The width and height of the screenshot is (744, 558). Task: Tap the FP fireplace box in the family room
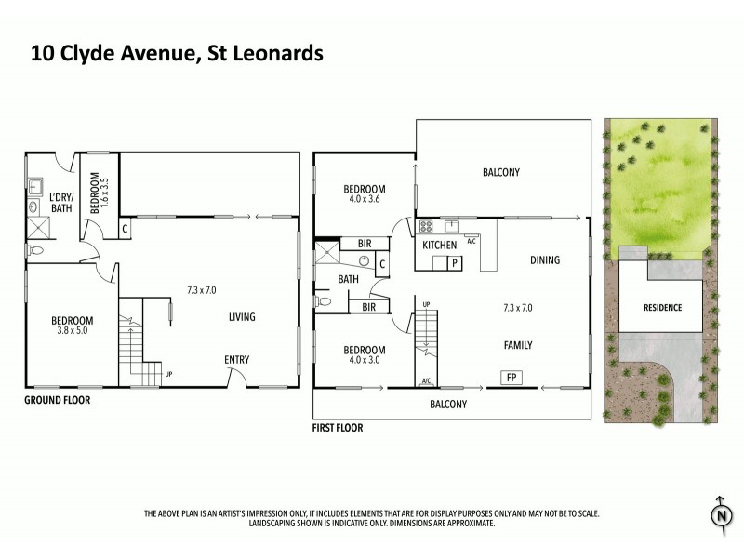click(x=511, y=378)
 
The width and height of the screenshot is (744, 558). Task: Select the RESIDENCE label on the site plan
click(x=662, y=308)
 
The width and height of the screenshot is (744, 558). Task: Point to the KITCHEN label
click(x=440, y=246)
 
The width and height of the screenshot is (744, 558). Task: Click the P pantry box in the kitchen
click(x=455, y=263)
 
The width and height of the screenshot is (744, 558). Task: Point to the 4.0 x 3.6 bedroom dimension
click(x=365, y=198)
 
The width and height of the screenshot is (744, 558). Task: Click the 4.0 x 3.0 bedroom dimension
click(x=365, y=362)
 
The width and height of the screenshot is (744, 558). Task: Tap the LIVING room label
click(x=242, y=317)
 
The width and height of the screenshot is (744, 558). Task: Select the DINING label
click(x=545, y=260)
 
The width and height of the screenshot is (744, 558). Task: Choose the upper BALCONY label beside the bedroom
click(x=500, y=172)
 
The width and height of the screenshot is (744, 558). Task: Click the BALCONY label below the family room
click(x=447, y=405)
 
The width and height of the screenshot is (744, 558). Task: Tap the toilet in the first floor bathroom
click(x=324, y=301)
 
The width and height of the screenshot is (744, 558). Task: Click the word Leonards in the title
click(x=275, y=53)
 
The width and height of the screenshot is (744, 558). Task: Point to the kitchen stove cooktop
click(x=426, y=225)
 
